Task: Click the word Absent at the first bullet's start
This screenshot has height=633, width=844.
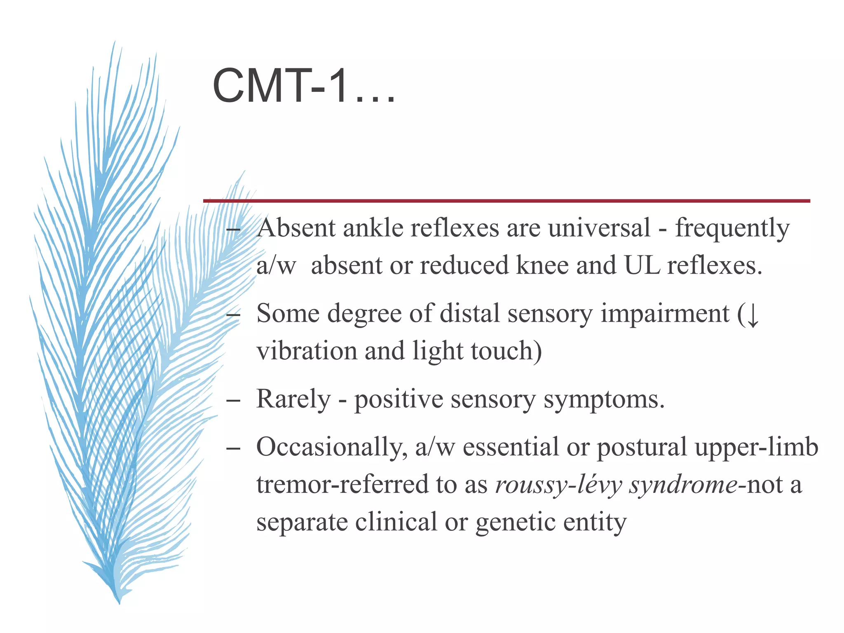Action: (x=296, y=228)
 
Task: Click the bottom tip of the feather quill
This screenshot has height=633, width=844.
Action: (x=119, y=603)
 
